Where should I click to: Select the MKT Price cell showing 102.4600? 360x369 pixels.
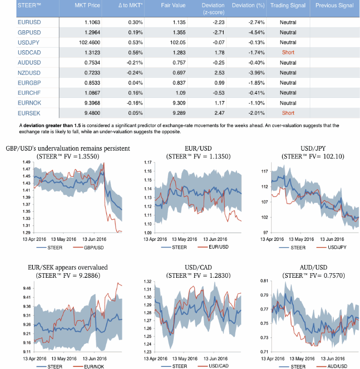point(90,43)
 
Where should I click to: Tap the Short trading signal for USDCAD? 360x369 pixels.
point(288,52)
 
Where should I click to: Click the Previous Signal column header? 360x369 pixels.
point(334,6)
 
